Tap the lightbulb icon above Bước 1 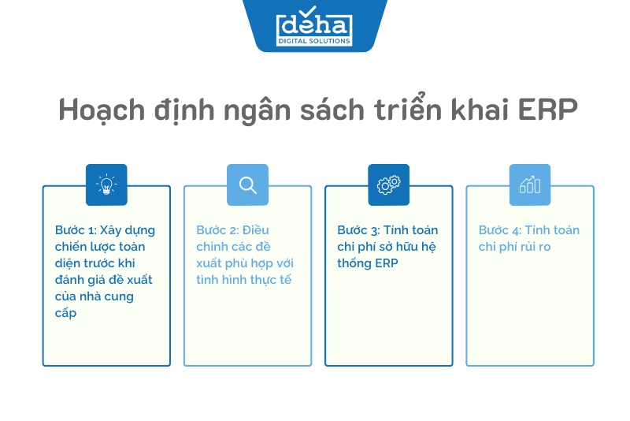click(x=106, y=185)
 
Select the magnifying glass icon click(x=247, y=185)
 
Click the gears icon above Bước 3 click(x=388, y=185)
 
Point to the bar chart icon click(x=529, y=185)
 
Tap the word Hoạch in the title click(x=102, y=110)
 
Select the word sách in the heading click(x=332, y=108)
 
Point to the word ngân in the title click(x=258, y=110)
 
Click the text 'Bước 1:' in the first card click(x=76, y=230)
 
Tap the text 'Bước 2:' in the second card click(x=217, y=230)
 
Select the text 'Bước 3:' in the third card click(x=358, y=230)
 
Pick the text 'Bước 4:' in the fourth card click(x=500, y=230)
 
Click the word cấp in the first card click(x=65, y=313)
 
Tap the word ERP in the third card click(x=386, y=263)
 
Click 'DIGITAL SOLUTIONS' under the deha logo click(x=314, y=41)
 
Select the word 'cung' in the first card click(x=120, y=296)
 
